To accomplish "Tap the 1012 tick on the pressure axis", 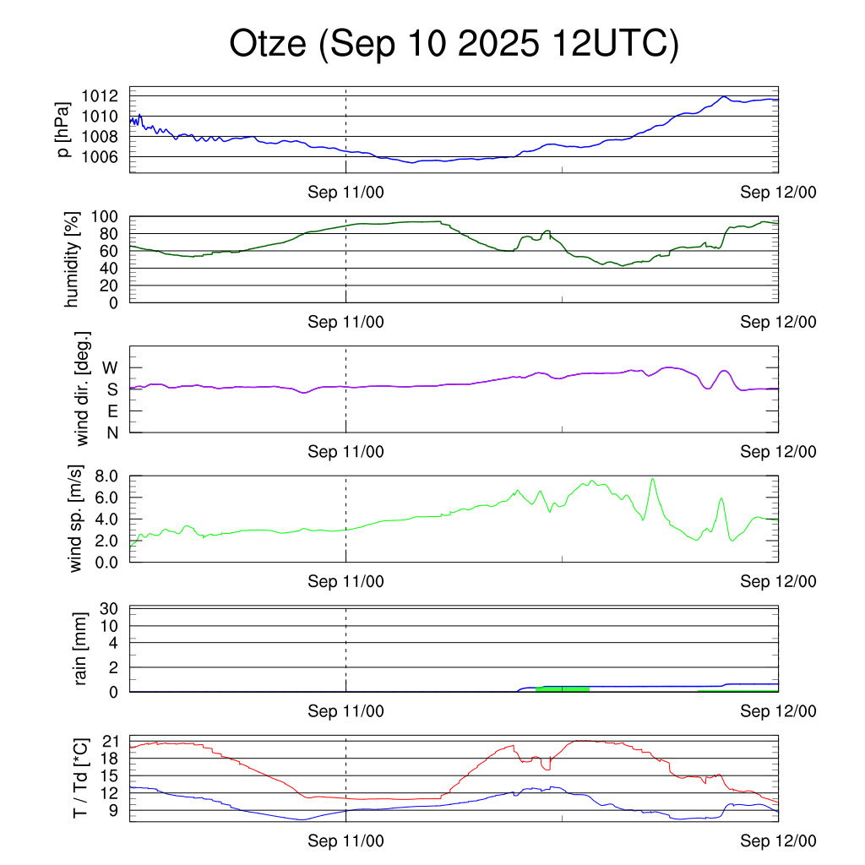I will [106, 95].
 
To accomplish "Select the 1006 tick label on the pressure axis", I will [106, 156].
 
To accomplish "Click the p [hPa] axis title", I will [63, 129].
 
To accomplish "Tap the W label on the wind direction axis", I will [111, 368].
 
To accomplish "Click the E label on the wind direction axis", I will [112, 411].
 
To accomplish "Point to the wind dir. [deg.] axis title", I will [83, 389].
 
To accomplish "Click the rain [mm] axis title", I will [83, 649].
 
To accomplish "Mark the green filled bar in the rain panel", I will [562, 689].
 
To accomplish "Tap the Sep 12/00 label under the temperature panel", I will [779, 841].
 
